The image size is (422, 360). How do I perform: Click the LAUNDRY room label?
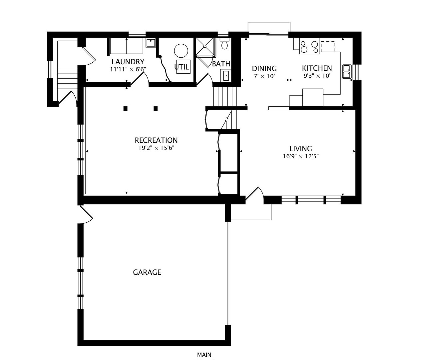[128, 61]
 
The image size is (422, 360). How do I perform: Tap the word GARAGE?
[147, 272]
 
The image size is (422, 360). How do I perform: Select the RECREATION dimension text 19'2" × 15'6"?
[157, 148]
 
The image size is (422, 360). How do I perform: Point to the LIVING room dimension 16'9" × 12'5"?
[301, 156]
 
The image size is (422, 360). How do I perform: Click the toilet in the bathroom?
[224, 44]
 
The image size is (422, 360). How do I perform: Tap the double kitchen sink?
[347, 71]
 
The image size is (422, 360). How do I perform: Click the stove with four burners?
[309, 46]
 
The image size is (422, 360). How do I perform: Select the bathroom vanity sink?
[226, 75]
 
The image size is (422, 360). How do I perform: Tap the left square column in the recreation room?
[126, 109]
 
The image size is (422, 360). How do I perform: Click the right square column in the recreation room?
[156, 109]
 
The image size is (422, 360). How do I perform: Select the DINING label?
[264, 68]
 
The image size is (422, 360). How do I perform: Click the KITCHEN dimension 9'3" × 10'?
[317, 76]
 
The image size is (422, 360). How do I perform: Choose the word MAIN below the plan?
[204, 354]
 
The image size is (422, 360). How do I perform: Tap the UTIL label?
[182, 67]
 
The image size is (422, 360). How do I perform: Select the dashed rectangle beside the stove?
[328, 46]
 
